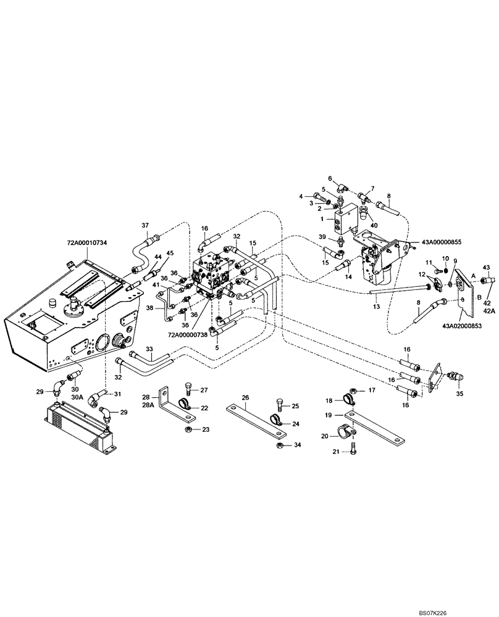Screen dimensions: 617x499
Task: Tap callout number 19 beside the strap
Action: [329, 416]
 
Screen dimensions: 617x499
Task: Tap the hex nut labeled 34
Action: [279, 444]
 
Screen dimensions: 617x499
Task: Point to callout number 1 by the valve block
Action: [332, 218]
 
